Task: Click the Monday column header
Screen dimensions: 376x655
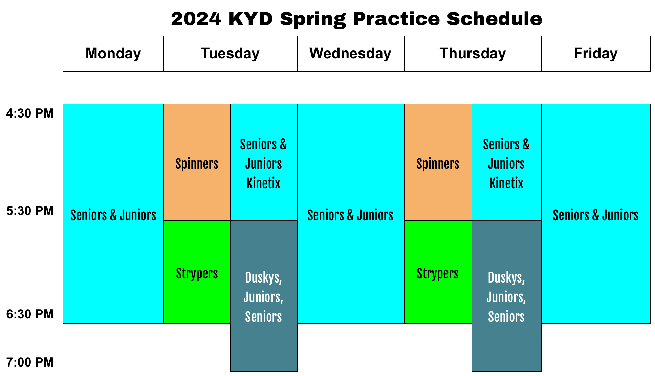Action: coord(113,54)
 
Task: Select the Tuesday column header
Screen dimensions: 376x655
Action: coord(230,54)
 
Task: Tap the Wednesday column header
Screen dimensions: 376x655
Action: coord(350,54)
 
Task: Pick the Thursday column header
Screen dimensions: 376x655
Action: coord(473,54)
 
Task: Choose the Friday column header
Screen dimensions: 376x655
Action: coord(596,54)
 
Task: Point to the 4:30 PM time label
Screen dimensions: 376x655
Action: coord(30,113)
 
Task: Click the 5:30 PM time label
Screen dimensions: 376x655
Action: coord(30,211)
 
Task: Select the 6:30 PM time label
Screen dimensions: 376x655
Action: coord(30,314)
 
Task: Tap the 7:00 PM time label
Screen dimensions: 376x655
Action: coord(30,362)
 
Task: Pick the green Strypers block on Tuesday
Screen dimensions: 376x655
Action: coord(197,273)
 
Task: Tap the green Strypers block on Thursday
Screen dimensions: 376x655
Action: coord(438,273)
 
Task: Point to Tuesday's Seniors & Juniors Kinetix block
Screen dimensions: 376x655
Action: coord(264,163)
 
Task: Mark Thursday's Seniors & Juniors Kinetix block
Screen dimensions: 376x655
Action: coord(506,163)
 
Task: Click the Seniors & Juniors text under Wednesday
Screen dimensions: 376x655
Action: coord(350,215)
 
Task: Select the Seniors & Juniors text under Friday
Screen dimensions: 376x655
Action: coord(596,215)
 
